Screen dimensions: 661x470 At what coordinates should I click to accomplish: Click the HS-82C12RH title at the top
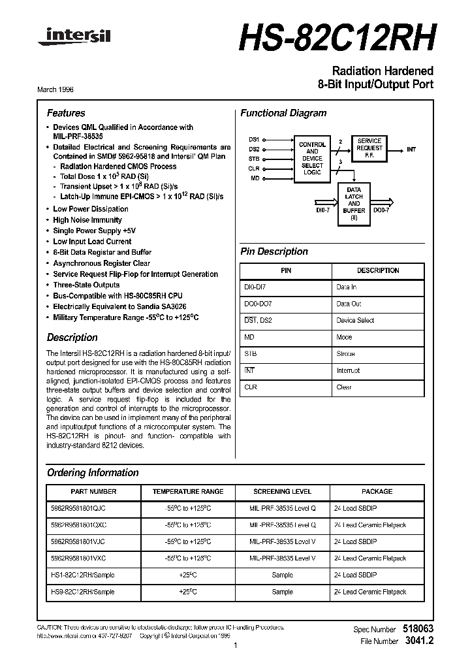336,39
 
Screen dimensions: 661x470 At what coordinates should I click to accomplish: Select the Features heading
66,113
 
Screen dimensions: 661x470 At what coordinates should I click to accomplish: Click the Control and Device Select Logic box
312,158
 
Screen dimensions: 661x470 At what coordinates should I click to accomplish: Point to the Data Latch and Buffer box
354,204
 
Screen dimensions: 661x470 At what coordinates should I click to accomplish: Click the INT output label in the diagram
411,150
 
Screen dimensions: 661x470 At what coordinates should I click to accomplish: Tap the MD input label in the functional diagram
255,178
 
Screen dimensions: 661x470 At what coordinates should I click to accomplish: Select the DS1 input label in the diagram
255,139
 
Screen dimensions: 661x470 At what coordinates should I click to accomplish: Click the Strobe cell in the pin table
345,354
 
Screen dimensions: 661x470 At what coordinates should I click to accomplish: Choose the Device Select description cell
355,321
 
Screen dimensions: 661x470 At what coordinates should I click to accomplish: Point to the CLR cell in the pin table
251,387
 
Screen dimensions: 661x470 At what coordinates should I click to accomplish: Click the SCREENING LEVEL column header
282,491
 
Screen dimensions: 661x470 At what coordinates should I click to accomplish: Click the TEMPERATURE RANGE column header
188,491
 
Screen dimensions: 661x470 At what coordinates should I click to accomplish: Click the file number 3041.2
420,641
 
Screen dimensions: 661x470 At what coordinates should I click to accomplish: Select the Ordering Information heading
93,472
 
